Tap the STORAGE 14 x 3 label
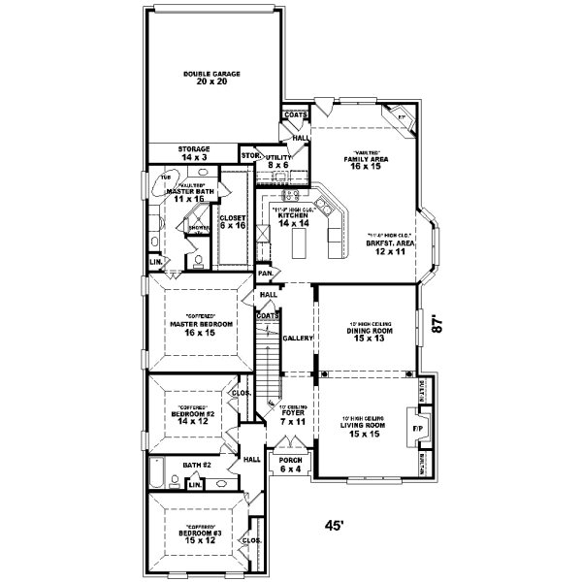[193, 152]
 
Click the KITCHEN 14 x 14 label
[292, 219]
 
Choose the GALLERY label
[297, 339]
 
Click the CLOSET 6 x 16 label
[233, 221]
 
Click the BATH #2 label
[197, 466]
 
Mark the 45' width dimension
[335, 525]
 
